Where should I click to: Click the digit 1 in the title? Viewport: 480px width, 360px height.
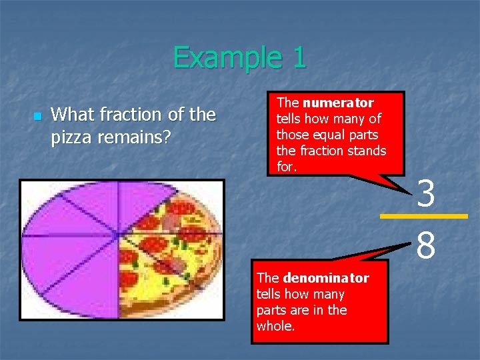[x=299, y=57]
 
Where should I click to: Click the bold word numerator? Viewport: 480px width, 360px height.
[x=337, y=103]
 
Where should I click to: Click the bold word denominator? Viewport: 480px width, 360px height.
[x=325, y=278]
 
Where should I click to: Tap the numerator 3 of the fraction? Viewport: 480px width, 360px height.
[x=426, y=195]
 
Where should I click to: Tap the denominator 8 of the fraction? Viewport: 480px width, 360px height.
[x=426, y=244]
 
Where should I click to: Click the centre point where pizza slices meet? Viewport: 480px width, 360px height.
[x=119, y=235]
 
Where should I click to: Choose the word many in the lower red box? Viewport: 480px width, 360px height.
[x=330, y=294]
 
